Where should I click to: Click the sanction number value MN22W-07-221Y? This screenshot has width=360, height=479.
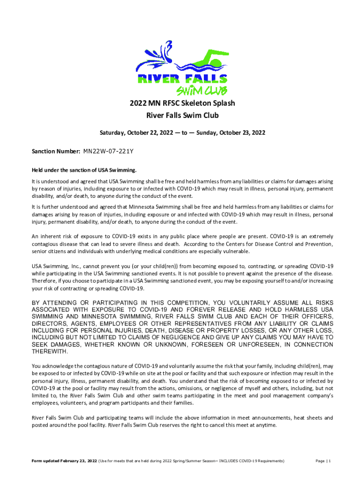(x=108, y=152)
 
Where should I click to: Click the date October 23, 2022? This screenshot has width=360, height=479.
(x=241, y=132)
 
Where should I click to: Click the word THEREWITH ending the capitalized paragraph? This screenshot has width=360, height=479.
(x=49, y=351)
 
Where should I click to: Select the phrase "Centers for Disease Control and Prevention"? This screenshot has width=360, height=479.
(x=278, y=244)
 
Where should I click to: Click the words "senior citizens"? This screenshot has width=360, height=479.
(x=49, y=251)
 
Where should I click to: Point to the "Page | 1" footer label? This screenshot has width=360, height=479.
(x=323, y=461)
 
